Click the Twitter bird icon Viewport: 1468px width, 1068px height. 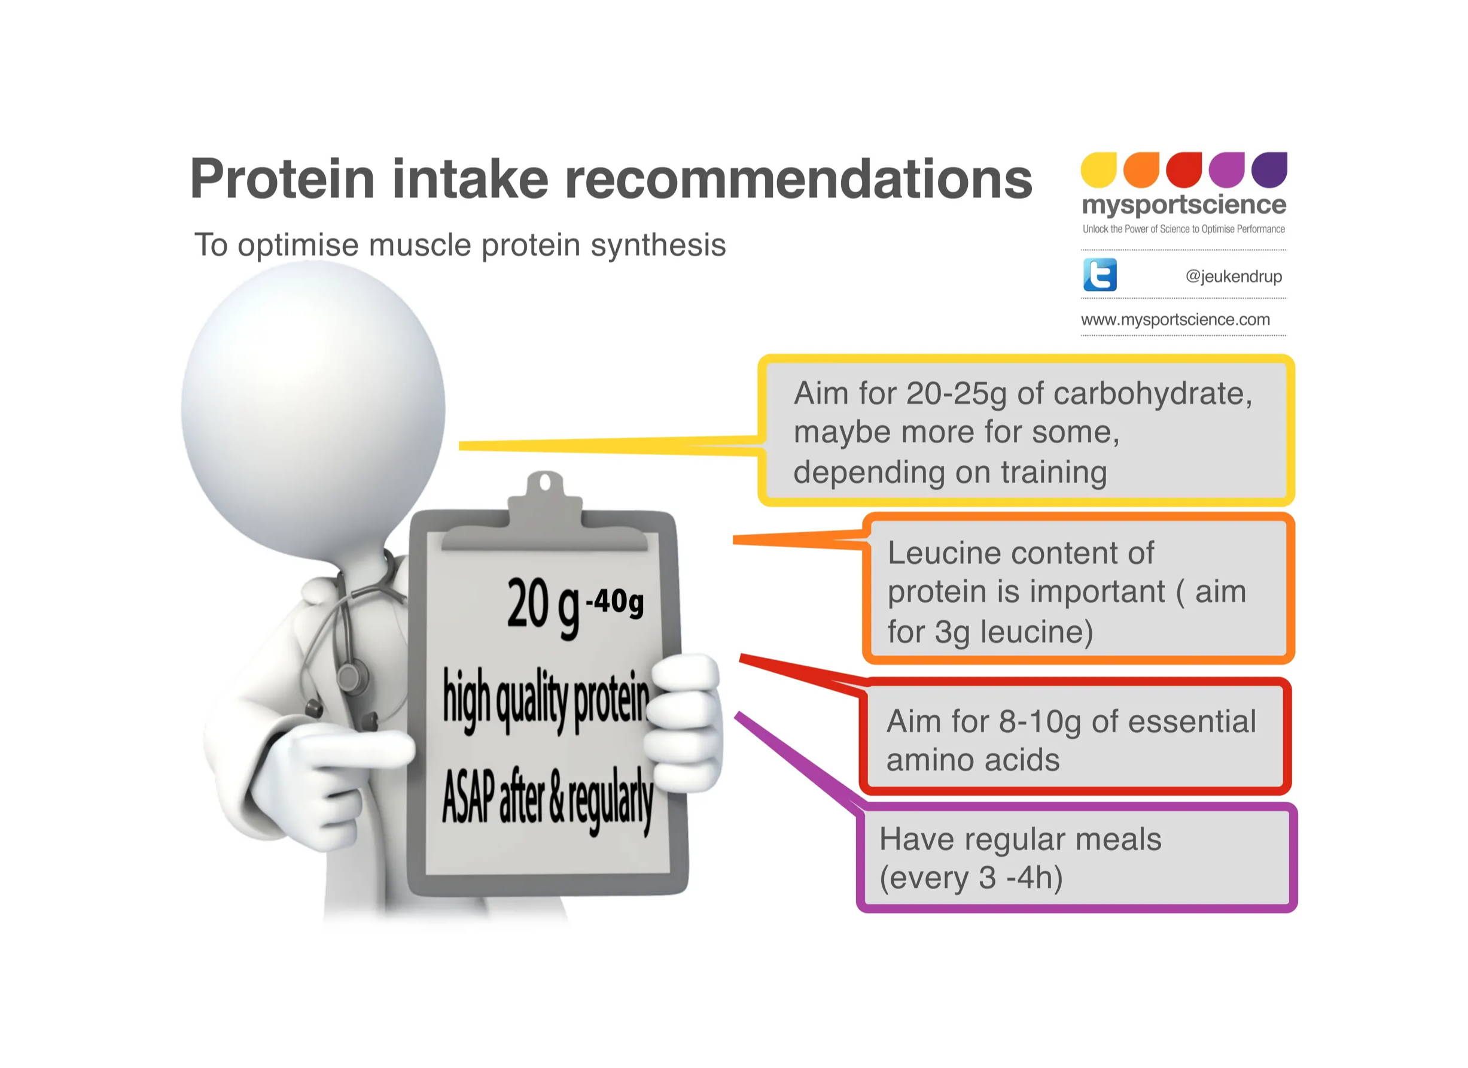coord(1100,275)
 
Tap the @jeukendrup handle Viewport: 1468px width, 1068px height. coord(1234,277)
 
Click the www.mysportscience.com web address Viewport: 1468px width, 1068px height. coord(1175,319)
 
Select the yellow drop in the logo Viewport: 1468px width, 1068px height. coord(1099,169)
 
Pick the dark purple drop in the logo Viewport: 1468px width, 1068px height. coord(1269,169)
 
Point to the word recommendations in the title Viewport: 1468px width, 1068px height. coord(799,179)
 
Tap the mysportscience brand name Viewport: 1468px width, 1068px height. coord(1184,205)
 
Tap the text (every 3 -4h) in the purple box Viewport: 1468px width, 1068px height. coord(971,878)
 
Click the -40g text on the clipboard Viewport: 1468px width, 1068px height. coord(614,602)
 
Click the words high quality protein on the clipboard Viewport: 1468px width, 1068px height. coord(546,701)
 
